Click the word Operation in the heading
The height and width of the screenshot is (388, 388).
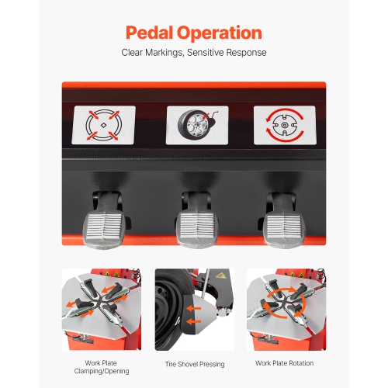[x=222, y=33]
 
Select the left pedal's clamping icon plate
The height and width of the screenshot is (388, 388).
[x=104, y=125]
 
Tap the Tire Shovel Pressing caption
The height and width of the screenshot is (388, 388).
[x=193, y=362]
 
